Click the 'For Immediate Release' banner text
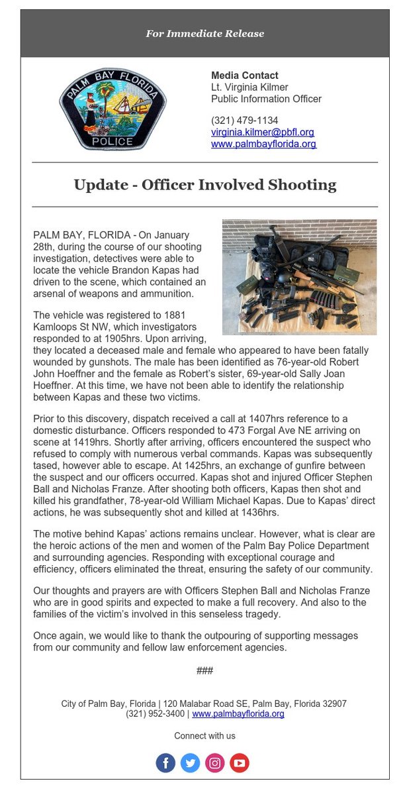pos(204,33)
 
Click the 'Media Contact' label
pos(244,76)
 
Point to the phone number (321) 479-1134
pos(244,121)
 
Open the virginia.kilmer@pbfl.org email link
pos(262,132)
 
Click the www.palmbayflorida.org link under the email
pos(263,144)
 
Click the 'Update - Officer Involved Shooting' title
pos(204,184)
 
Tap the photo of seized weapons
pos(299,277)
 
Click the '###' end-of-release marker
pos(204,670)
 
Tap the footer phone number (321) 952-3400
pos(156,714)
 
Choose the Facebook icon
pos(166,763)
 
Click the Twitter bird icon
pos(191,763)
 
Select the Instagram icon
pos(215,763)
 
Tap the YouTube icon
pos(240,763)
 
